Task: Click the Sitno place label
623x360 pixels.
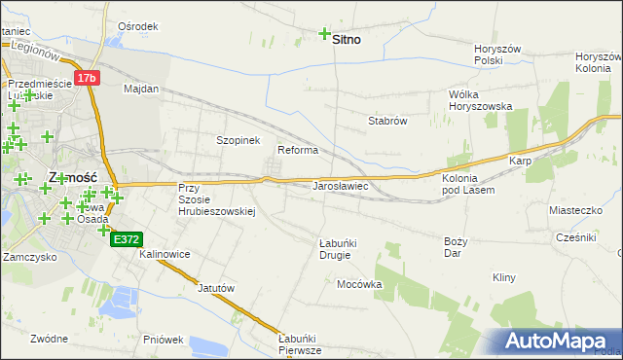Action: (347, 40)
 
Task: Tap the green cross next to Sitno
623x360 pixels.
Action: (324, 34)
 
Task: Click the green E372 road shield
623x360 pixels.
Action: (127, 238)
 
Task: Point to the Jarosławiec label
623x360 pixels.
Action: (339, 185)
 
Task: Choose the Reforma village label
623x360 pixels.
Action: (298, 150)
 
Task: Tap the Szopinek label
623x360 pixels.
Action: (238, 140)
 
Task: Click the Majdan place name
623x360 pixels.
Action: (141, 89)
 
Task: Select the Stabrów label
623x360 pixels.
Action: (386, 121)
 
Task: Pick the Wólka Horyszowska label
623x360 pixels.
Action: (479, 100)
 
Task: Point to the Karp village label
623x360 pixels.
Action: (519, 161)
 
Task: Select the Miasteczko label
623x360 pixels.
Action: (576, 209)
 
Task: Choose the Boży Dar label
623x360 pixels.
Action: (456, 246)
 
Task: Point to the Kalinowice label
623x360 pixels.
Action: (165, 254)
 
